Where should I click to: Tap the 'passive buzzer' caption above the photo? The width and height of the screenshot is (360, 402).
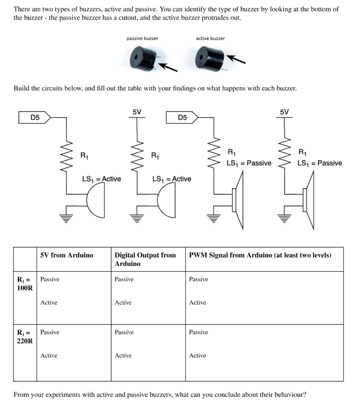[142, 38]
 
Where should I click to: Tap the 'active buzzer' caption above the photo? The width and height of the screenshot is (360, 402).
[210, 38]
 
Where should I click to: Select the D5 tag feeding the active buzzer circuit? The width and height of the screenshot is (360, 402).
[35, 117]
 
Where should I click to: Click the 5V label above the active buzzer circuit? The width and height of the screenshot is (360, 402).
[137, 112]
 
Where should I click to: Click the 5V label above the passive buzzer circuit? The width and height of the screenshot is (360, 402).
[284, 112]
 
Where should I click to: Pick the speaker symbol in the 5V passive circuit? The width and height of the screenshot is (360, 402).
[308, 201]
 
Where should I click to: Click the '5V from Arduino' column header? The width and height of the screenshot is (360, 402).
[67, 255]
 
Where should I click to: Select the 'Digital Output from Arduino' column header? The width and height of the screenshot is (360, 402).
[145, 259]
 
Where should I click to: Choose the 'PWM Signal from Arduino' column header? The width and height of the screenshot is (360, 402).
[260, 255]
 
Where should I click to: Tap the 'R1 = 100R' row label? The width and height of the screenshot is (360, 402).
[24, 284]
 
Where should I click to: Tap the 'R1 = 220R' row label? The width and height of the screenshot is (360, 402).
[24, 337]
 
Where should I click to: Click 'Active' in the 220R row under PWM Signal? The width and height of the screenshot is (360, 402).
[197, 356]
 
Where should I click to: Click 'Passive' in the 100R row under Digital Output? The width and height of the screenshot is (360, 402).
[124, 280]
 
